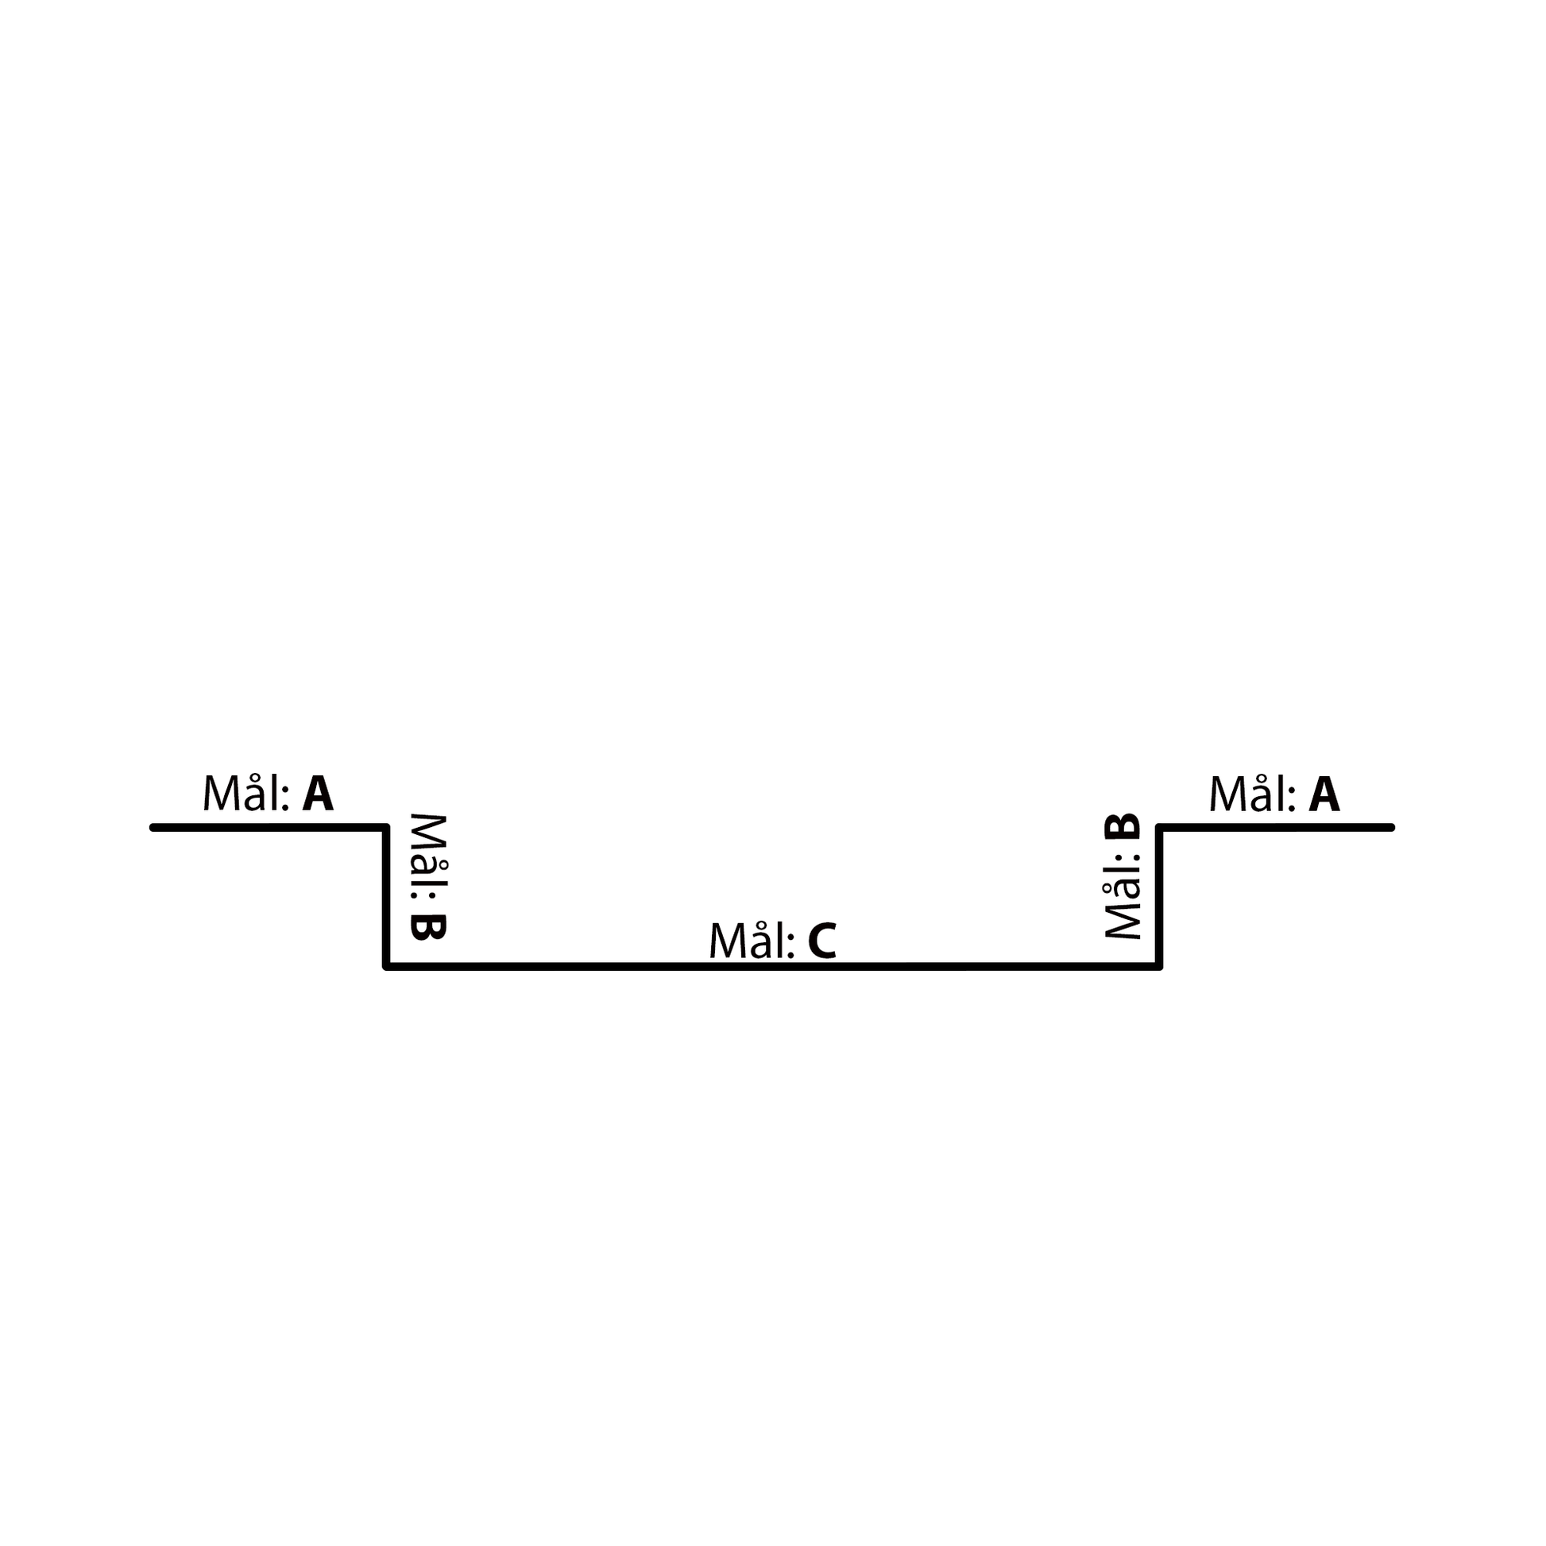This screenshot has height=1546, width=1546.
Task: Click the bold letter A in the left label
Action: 318,794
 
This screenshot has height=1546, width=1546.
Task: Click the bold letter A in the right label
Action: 1324,794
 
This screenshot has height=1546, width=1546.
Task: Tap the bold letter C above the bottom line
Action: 821,941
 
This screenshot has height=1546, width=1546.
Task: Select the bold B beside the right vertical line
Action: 1122,827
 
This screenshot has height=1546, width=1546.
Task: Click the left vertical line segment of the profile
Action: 386,897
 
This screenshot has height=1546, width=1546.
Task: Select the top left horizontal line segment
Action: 269,827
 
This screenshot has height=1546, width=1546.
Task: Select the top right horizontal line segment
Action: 1276,827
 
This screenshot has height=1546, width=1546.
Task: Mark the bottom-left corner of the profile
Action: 386,967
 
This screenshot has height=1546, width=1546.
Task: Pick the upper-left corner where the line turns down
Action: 386,827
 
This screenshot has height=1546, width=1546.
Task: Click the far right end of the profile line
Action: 1393,827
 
